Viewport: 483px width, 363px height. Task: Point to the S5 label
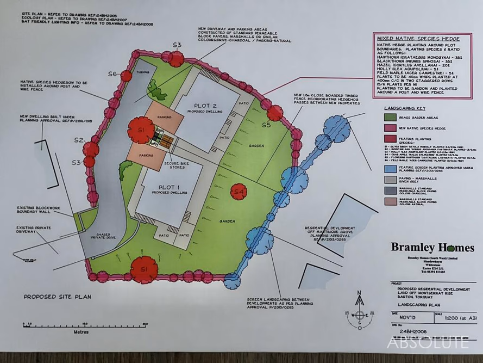point(266,125)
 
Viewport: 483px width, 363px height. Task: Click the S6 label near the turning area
point(112,73)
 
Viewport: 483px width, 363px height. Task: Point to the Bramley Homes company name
point(432,247)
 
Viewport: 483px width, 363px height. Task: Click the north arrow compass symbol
point(359,312)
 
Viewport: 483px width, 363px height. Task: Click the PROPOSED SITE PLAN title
point(58,297)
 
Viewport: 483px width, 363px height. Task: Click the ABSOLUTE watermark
point(427,343)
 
